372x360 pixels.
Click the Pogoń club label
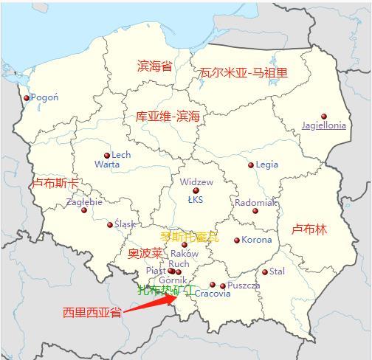click(45, 97)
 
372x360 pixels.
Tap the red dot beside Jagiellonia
click(324, 117)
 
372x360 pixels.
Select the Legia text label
click(266, 165)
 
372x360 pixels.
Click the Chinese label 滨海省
click(154, 66)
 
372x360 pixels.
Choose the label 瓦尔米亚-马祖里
click(244, 72)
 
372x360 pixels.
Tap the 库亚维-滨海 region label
click(168, 117)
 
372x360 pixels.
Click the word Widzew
click(196, 181)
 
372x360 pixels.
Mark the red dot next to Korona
click(237, 240)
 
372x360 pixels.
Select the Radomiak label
click(255, 202)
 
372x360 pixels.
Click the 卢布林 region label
click(309, 229)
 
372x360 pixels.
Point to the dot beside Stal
click(265, 272)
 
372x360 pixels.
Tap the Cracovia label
click(213, 294)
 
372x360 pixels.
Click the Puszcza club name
click(244, 285)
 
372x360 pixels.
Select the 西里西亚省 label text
click(92, 313)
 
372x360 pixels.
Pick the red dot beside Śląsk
click(111, 225)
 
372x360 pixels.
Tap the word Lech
click(121, 155)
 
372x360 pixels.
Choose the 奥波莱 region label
click(145, 253)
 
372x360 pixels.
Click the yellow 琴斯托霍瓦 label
click(190, 237)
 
